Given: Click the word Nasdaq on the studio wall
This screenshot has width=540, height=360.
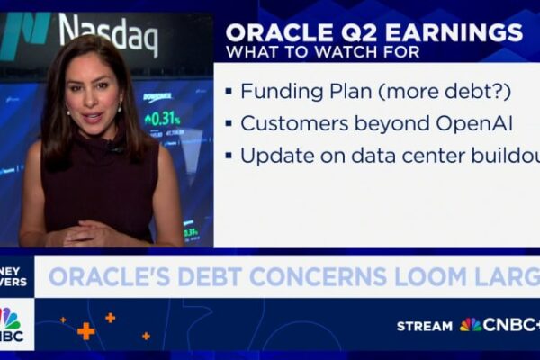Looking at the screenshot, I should click(x=108, y=34).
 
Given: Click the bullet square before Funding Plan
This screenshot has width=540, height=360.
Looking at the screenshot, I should click(x=229, y=91).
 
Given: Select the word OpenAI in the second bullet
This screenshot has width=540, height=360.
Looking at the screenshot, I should click(x=423, y=122).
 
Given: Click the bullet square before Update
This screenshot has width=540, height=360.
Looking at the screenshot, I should click(x=229, y=155).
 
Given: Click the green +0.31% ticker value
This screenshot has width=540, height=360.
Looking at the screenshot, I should click(x=163, y=118).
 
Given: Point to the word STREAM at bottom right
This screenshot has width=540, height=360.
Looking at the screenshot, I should click(x=425, y=325).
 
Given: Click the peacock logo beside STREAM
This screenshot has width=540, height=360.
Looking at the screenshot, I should click(x=470, y=324).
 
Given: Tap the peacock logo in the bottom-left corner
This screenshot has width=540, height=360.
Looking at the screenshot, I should click(x=9, y=319).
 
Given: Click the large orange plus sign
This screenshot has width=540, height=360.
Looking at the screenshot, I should click(x=85, y=330).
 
